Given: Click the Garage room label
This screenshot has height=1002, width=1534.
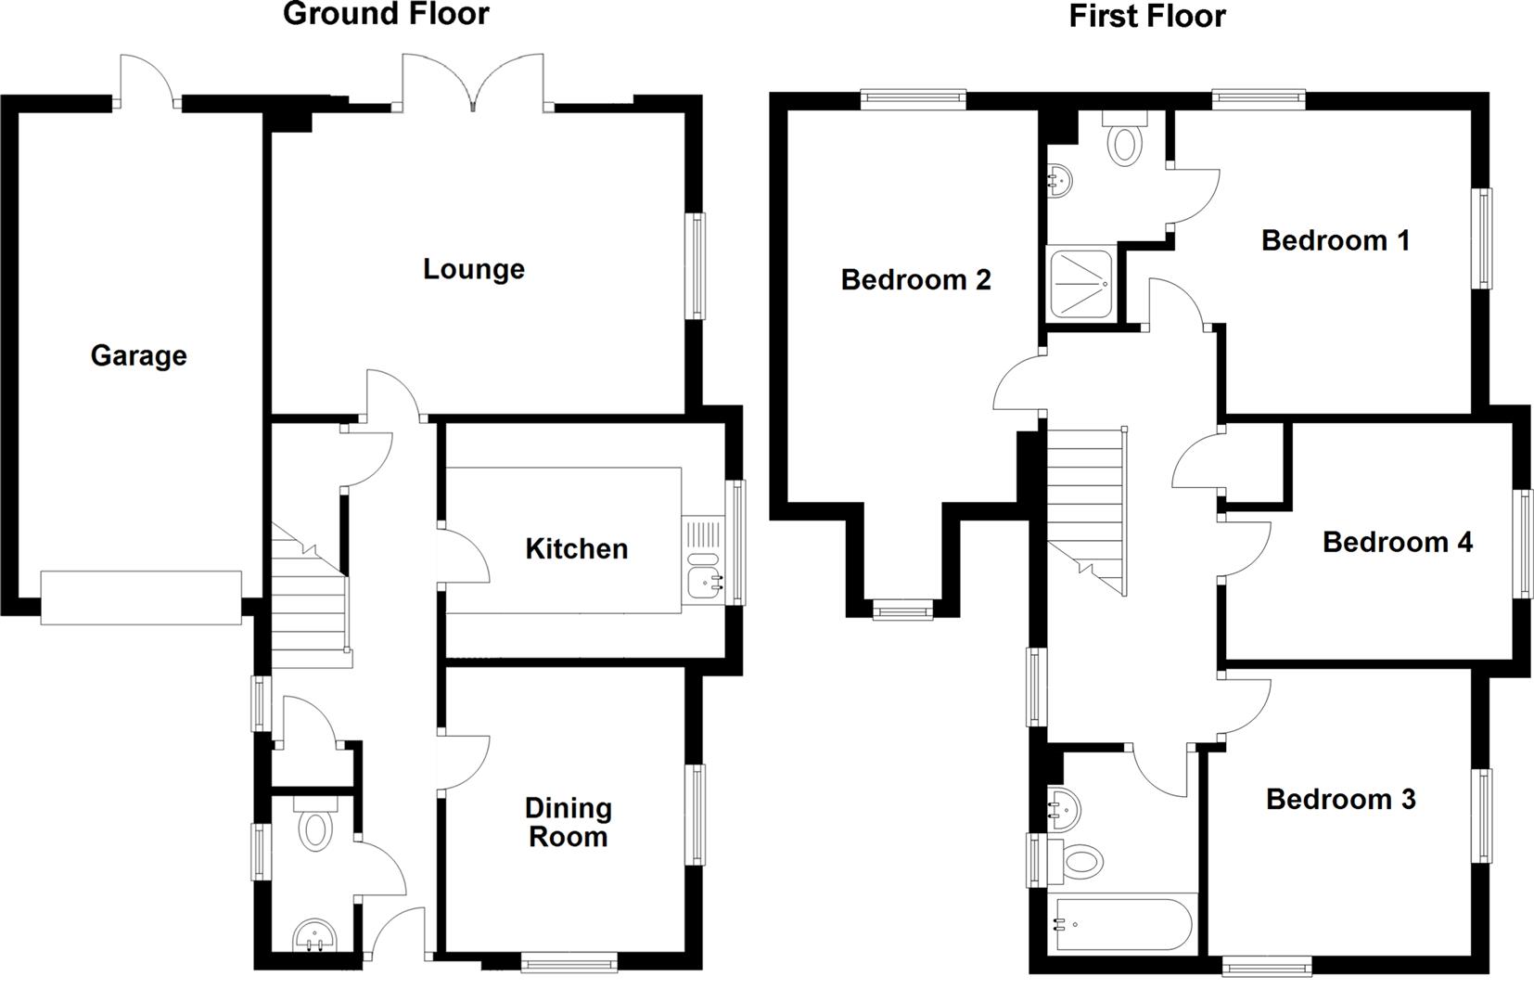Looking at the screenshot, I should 138,355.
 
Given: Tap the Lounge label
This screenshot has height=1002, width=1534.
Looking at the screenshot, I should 473,269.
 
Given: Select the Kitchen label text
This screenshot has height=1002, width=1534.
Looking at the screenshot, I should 576,548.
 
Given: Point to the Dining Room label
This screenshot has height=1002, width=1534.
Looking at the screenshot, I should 568,822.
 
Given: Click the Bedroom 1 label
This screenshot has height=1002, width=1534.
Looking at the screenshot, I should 1335,240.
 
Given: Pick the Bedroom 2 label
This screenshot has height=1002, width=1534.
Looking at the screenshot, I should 915,279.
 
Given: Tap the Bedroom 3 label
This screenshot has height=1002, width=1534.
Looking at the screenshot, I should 1340,799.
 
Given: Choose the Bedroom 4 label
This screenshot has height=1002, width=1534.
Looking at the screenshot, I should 1397,542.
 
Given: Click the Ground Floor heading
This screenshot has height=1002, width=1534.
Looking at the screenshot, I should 386,14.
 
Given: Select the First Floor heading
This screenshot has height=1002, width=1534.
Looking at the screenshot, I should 1147,16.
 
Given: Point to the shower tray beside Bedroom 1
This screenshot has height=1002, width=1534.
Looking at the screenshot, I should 1079,283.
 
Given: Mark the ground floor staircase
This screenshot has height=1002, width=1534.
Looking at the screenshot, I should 310,594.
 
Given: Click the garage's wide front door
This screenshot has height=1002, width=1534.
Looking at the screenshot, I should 141,597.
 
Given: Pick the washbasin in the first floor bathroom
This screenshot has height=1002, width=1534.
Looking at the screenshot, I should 1064,809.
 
